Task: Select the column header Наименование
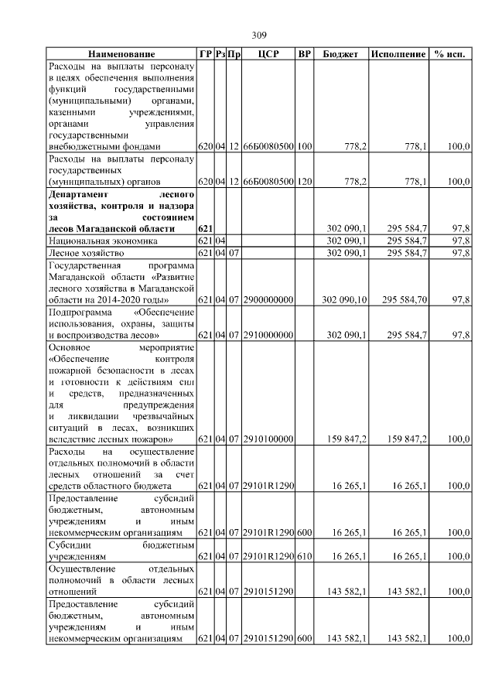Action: [121, 54]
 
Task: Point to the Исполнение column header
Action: [398, 54]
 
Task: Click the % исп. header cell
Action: [450, 54]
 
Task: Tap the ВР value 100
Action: [304, 146]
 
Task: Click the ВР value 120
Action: [304, 182]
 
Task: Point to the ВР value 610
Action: [304, 556]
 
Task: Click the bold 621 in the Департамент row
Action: [205, 229]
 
